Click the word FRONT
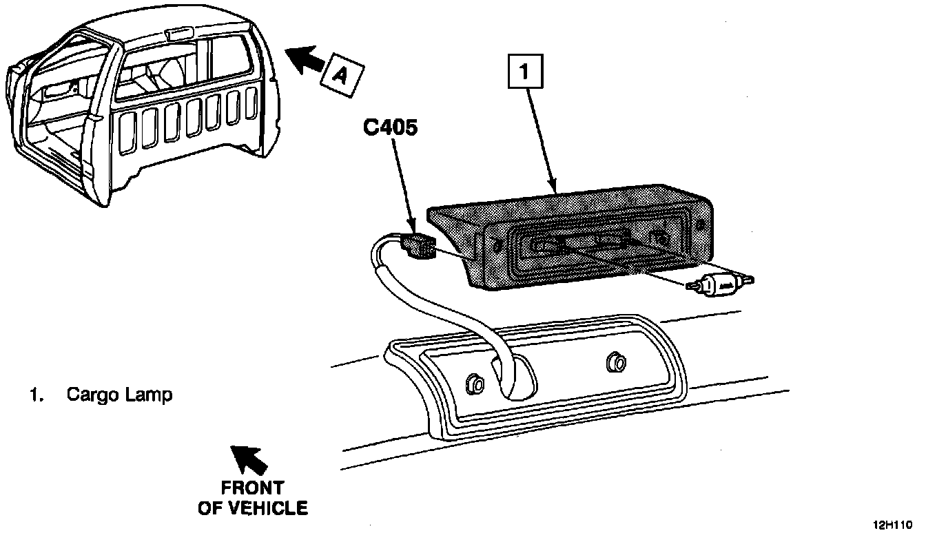click(x=252, y=488)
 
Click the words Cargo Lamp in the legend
click(x=119, y=395)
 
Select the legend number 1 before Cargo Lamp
click(x=33, y=395)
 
